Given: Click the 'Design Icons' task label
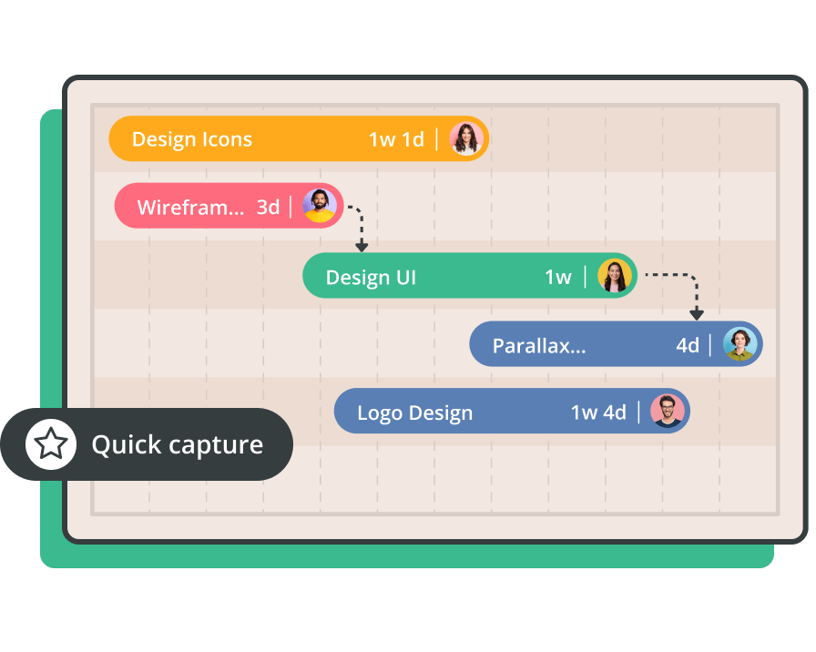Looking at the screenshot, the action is click(x=191, y=139).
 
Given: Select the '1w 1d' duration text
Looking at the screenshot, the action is click(x=396, y=139).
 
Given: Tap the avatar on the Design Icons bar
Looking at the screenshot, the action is click(x=466, y=139).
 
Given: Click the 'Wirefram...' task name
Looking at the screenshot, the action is click(x=190, y=207).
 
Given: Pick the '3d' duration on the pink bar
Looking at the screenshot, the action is click(x=268, y=207).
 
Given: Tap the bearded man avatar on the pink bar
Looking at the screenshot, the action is click(x=320, y=206).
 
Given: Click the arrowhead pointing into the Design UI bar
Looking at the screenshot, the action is click(x=362, y=246).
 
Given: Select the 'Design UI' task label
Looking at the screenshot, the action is click(x=371, y=278).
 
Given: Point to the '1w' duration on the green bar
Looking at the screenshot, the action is click(x=558, y=278).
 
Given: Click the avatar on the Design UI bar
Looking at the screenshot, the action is click(x=615, y=275).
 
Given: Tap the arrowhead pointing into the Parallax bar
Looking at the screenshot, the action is click(x=697, y=314).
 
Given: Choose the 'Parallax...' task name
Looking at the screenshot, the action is click(x=539, y=346).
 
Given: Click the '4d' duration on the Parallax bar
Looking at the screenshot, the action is click(x=688, y=345).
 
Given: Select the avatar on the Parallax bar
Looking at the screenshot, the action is click(x=740, y=344).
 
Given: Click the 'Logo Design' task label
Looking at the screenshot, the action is click(x=414, y=413).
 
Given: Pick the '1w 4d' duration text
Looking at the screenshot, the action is click(x=598, y=413).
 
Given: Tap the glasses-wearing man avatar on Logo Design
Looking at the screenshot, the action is click(x=668, y=411).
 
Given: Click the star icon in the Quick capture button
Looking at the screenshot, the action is click(x=50, y=443).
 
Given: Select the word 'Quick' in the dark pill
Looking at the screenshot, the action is click(x=127, y=445).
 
